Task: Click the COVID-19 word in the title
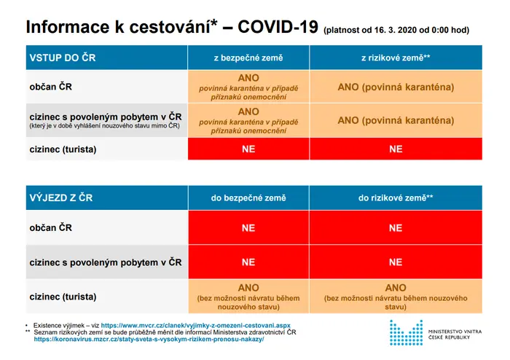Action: click(x=278, y=27)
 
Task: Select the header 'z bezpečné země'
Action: click(x=248, y=58)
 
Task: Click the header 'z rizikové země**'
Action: click(x=396, y=58)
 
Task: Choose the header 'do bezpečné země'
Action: click(x=248, y=197)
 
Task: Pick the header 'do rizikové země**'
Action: click(x=396, y=197)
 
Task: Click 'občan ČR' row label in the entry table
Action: click(x=51, y=87)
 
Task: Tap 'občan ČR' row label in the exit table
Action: click(x=51, y=227)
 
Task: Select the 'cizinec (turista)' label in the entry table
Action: click(x=63, y=149)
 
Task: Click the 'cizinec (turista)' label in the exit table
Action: click(x=63, y=297)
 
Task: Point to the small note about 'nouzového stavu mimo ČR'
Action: click(x=104, y=126)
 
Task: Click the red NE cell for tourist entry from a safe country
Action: click(x=248, y=149)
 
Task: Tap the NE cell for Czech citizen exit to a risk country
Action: click(x=396, y=227)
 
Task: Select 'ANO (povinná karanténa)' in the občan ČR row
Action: click(x=396, y=87)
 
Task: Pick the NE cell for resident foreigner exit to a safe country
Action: click(x=248, y=262)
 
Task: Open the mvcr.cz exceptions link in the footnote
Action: click(x=196, y=325)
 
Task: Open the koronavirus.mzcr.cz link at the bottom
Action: click(x=149, y=339)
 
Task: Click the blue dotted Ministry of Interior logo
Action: click(x=407, y=332)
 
